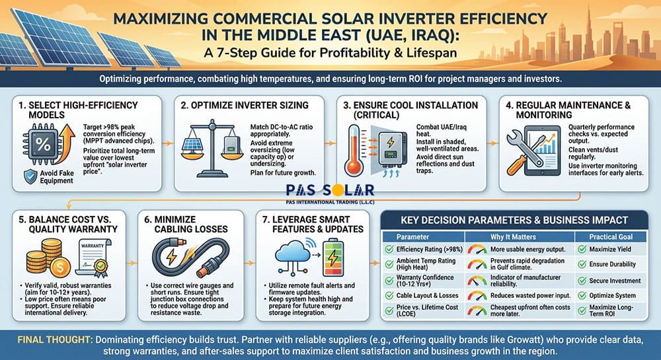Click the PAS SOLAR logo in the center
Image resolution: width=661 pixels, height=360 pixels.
[x=330, y=192]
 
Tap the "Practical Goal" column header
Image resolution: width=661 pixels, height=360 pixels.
[x=607, y=236]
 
